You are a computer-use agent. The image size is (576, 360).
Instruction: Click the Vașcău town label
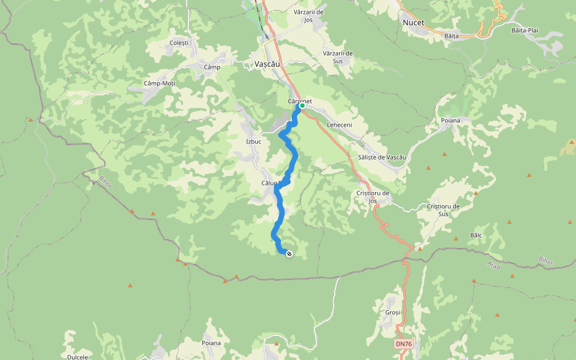click(268, 64)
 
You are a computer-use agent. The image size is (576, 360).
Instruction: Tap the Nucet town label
click(413, 23)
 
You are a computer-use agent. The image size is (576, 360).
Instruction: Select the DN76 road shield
click(404, 344)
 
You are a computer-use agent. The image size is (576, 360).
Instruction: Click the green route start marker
click(302, 106)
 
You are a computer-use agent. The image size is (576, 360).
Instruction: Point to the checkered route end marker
click(289, 254)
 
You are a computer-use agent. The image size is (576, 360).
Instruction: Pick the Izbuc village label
click(254, 142)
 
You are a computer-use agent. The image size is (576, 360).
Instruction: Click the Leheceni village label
click(339, 125)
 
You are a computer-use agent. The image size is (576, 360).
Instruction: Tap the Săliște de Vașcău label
click(382, 157)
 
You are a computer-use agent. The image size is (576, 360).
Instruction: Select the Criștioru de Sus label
click(443, 210)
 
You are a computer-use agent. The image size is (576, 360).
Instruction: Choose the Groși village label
click(393, 313)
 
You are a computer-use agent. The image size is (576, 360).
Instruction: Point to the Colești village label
click(179, 43)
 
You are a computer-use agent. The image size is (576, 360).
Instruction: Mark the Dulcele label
click(77, 356)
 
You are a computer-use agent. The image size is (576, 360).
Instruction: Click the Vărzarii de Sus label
click(338, 57)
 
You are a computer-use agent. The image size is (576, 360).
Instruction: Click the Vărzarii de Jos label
click(309, 16)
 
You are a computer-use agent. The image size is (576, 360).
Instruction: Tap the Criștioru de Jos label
click(373, 197)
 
